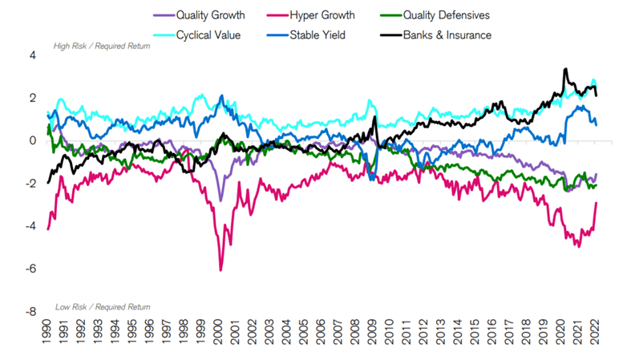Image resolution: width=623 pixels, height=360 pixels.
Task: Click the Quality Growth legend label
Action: point(211,15)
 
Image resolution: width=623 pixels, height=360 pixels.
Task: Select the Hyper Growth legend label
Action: point(322,15)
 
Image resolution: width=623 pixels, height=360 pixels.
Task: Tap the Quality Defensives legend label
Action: point(447,15)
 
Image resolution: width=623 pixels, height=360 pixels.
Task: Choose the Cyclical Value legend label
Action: point(208,35)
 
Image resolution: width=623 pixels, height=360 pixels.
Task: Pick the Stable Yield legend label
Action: point(318,35)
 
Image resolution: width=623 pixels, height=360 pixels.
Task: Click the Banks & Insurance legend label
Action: point(447,35)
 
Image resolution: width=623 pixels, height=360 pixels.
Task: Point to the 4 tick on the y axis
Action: point(33,55)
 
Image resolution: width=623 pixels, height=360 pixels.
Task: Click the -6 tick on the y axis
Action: point(30,269)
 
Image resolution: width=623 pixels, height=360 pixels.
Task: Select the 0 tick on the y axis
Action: point(33,140)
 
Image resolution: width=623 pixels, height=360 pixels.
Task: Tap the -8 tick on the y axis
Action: point(30,312)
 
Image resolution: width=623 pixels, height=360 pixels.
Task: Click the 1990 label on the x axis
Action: point(47,331)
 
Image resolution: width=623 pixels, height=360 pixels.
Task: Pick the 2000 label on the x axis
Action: point(218,331)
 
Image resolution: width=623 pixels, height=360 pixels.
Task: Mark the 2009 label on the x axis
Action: point(372,331)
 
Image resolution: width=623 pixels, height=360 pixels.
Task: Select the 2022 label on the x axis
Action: point(594,331)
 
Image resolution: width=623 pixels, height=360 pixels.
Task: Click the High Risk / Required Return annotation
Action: point(102,47)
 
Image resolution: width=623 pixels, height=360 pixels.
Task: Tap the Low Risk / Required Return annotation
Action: point(103,307)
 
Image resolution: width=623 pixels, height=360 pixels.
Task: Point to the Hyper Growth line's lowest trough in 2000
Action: point(220,270)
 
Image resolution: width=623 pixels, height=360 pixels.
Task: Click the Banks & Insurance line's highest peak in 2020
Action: point(565,69)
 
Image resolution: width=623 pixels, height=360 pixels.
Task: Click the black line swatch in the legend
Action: point(391,35)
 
